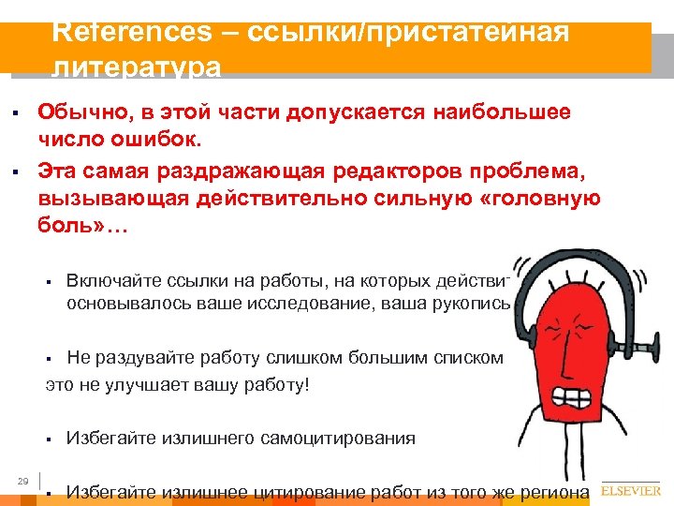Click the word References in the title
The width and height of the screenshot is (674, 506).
[133, 31]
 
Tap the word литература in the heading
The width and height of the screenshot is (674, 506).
[138, 67]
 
